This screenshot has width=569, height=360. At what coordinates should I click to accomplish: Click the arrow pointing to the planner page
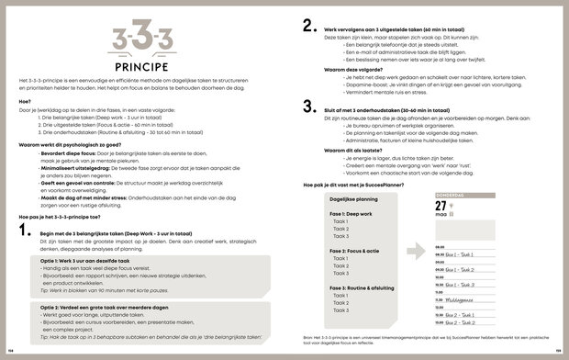pyautogui.click(x=414, y=250)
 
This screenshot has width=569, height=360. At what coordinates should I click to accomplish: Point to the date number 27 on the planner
pyautogui.click(x=441, y=206)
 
